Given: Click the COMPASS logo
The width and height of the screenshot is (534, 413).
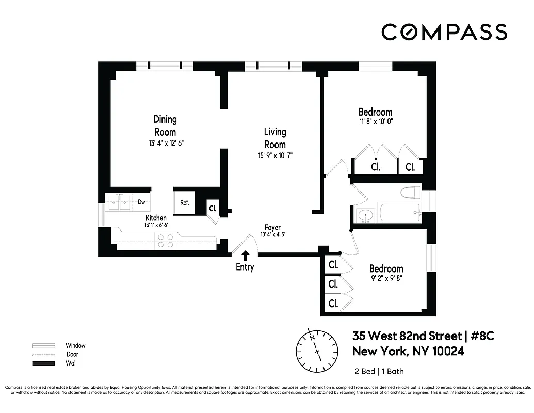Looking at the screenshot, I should click(444, 32).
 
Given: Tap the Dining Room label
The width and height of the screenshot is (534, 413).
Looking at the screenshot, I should click(165, 125).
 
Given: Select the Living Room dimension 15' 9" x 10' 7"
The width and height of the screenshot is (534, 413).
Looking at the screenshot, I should click(275, 155).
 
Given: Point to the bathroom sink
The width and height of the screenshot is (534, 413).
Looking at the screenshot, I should click(366, 215).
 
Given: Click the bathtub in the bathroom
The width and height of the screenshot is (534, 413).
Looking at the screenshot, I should click(398, 213).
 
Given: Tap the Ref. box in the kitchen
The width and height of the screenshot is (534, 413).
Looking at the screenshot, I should click(184, 203).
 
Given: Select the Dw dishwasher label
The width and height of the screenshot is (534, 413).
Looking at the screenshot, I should click(141, 202).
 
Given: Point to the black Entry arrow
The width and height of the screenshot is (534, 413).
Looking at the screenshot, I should click(246, 256).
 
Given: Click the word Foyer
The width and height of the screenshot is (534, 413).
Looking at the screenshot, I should click(272, 228).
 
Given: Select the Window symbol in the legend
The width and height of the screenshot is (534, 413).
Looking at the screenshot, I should click(44, 346).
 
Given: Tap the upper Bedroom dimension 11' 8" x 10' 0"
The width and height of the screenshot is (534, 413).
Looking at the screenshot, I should click(376, 122).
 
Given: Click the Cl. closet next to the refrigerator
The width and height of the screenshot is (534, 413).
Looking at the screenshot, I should click(213, 209).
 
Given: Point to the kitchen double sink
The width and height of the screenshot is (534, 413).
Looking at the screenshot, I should click(120, 202).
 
